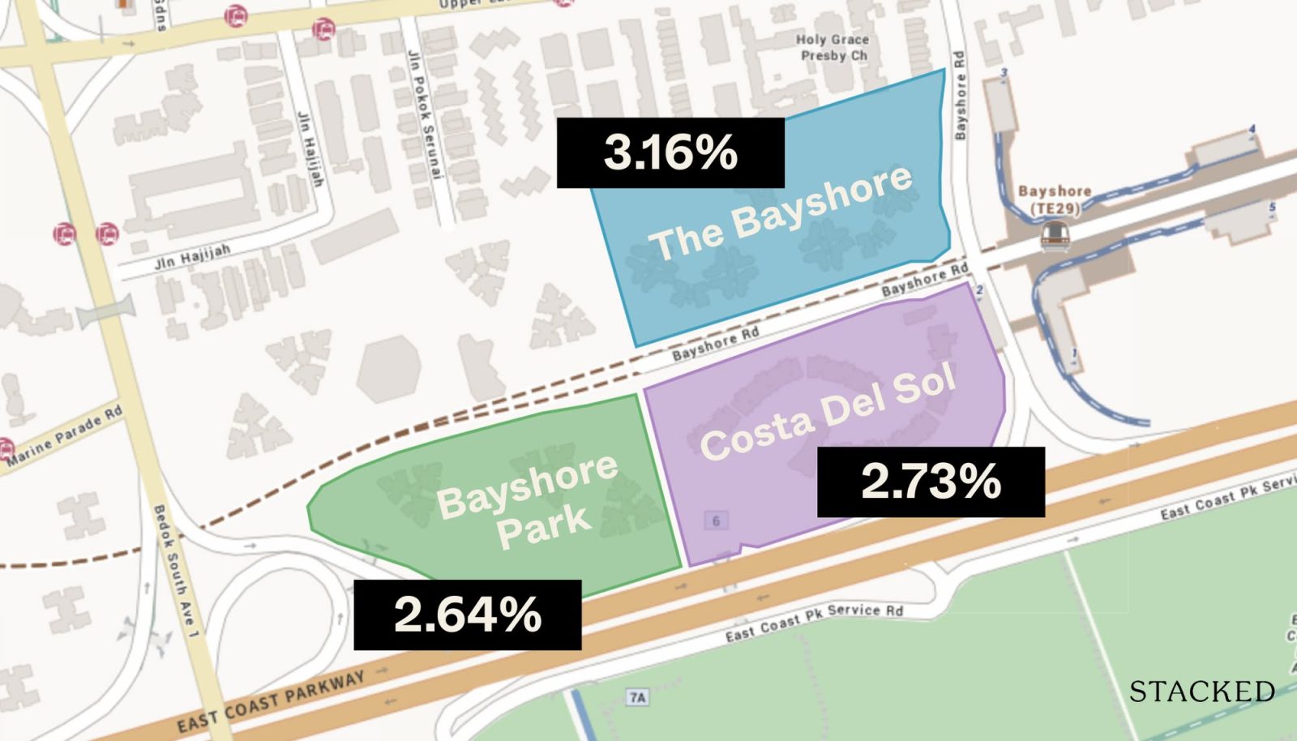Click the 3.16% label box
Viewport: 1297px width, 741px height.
click(x=670, y=152)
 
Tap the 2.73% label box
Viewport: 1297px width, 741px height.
click(x=931, y=482)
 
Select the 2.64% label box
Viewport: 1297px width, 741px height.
click(x=468, y=615)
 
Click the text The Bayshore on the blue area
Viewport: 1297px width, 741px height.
click(x=780, y=212)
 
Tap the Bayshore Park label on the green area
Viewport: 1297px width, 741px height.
click(x=528, y=501)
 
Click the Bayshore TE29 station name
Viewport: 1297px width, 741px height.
click(x=1054, y=199)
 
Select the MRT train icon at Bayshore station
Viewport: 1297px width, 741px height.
click(x=1055, y=235)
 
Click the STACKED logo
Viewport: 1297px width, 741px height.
click(x=1202, y=692)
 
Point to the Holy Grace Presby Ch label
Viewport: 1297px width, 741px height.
click(x=833, y=48)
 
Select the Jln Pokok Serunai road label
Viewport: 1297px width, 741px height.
click(x=422, y=114)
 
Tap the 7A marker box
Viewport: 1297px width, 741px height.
click(x=638, y=697)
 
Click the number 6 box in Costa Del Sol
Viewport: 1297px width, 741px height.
click(x=716, y=520)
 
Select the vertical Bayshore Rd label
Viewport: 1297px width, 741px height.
click(x=961, y=95)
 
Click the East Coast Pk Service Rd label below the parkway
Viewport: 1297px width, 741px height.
click(x=814, y=622)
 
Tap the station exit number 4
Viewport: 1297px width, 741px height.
click(x=1252, y=129)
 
